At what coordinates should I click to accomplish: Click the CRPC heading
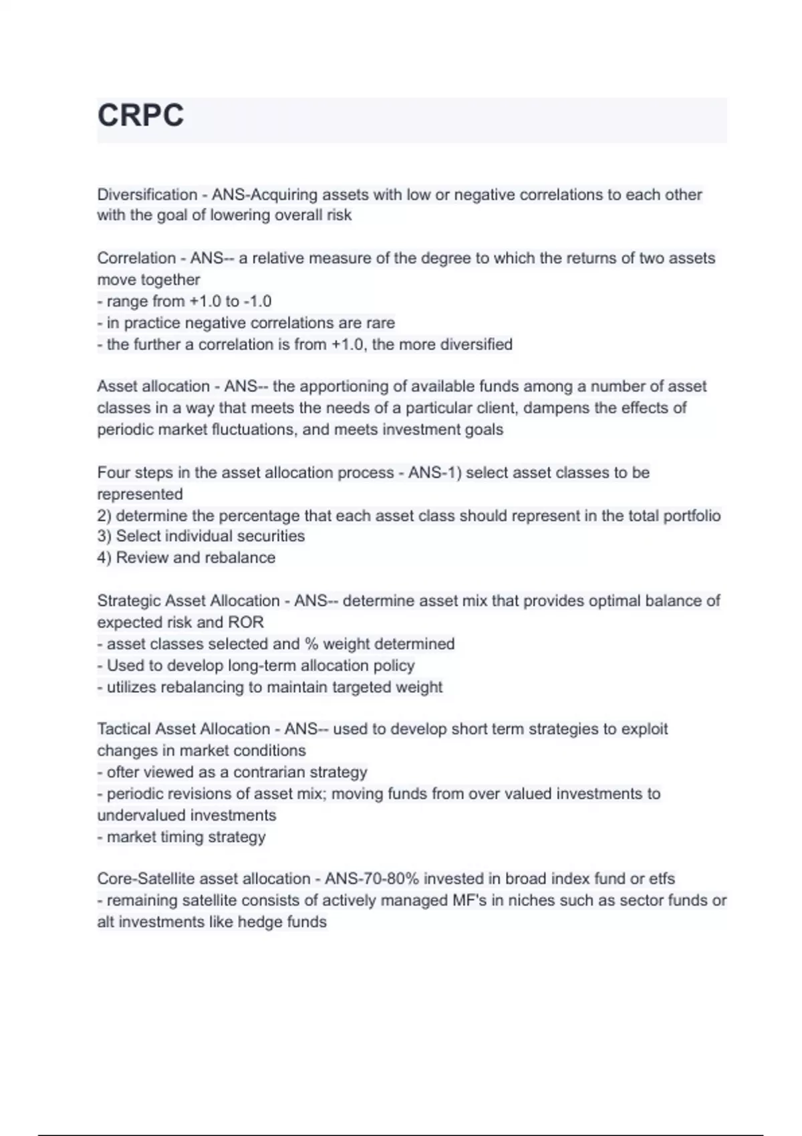(x=140, y=116)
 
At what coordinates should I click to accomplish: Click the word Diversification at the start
(x=147, y=194)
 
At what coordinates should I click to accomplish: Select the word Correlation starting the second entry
(x=136, y=258)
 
